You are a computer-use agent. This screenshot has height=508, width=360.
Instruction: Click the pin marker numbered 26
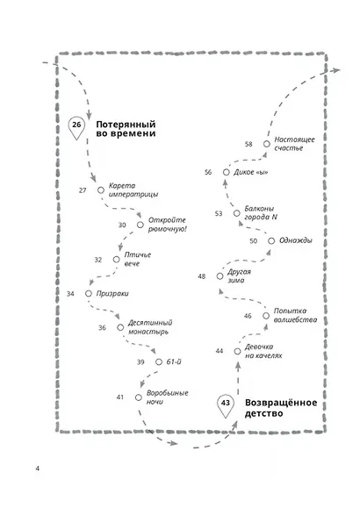(x=76, y=127)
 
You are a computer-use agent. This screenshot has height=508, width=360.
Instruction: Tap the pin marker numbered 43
(x=226, y=406)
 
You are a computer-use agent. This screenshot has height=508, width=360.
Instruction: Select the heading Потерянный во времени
(x=126, y=129)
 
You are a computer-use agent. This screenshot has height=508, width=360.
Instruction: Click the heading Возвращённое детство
(x=281, y=408)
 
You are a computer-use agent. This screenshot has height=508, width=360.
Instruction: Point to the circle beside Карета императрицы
(x=101, y=190)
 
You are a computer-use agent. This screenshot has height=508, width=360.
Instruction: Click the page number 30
(x=122, y=225)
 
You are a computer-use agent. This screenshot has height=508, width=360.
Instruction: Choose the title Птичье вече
(x=138, y=259)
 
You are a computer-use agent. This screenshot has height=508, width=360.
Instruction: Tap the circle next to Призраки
(x=89, y=294)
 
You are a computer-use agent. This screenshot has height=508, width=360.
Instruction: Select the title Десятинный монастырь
(x=150, y=327)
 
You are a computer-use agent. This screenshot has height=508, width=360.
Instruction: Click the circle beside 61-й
(x=159, y=361)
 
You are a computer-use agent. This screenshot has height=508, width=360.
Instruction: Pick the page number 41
(x=120, y=397)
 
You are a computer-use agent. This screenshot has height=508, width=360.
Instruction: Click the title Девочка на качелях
(x=263, y=351)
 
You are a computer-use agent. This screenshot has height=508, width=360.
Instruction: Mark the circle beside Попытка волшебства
(x=266, y=316)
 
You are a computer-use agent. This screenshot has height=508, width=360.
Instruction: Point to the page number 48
(x=202, y=276)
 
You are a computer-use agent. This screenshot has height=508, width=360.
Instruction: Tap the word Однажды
(x=296, y=240)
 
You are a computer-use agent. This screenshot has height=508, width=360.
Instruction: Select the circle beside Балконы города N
(x=237, y=213)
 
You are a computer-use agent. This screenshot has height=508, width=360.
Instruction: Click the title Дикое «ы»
(x=251, y=172)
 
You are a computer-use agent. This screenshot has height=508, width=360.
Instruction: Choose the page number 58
(x=248, y=144)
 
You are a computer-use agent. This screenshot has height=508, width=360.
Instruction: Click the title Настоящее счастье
(x=294, y=144)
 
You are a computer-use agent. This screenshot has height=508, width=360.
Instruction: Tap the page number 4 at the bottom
(x=37, y=469)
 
